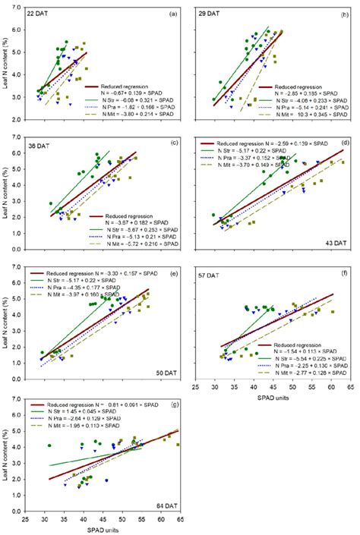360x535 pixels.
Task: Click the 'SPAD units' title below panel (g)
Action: coord(103,529)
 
